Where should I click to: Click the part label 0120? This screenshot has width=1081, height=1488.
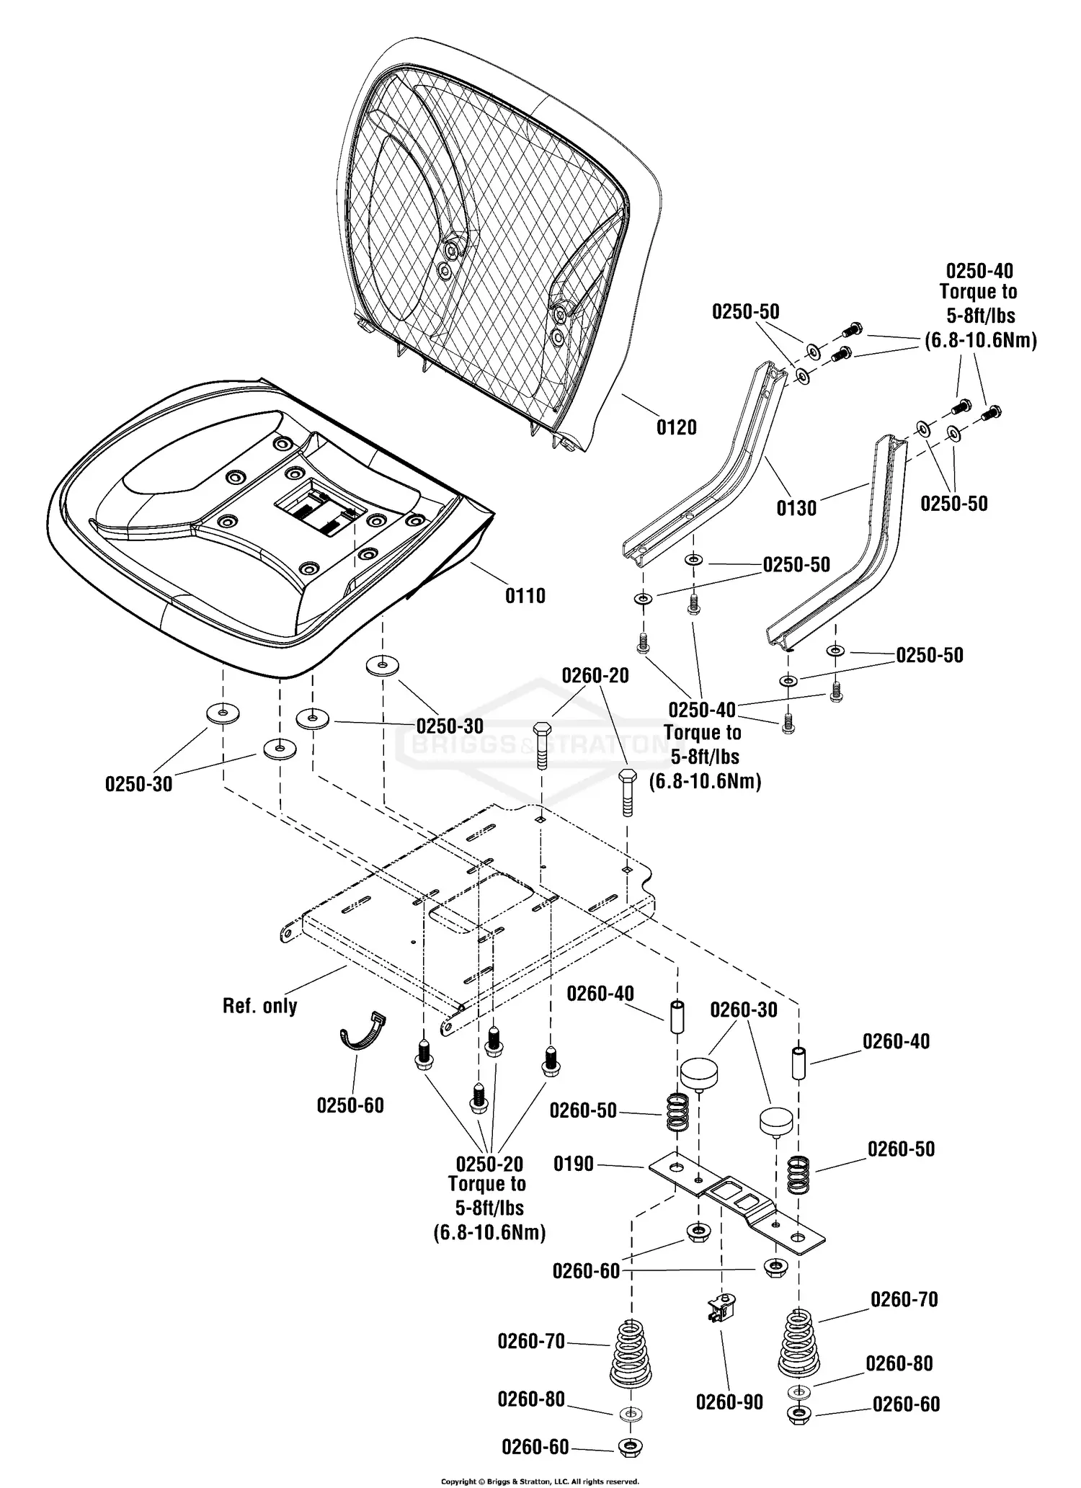pyautogui.click(x=676, y=428)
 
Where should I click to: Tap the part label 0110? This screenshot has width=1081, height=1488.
pyautogui.click(x=525, y=596)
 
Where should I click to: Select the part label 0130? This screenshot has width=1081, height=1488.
pyautogui.click(x=796, y=509)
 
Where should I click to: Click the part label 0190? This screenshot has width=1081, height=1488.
pyautogui.click(x=574, y=1164)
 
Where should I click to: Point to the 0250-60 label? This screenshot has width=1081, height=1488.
pyautogui.click(x=350, y=1105)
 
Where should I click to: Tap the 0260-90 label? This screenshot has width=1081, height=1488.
pyautogui.click(x=729, y=1402)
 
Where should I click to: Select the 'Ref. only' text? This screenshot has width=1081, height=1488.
pyautogui.click(x=259, y=1006)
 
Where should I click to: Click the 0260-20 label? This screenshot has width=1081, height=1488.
pyautogui.click(x=595, y=676)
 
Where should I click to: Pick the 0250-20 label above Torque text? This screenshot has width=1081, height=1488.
pyautogui.click(x=489, y=1164)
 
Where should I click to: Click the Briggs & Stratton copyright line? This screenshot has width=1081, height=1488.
pyautogui.click(x=540, y=1482)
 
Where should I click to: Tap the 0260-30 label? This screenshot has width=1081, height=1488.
pyautogui.click(x=744, y=1010)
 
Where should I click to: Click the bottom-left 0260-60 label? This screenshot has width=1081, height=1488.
pyautogui.click(x=535, y=1447)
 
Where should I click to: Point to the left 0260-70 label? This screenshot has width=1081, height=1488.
pyautogui.click(x=531, y=1341)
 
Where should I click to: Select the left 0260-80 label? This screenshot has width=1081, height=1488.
pyautogui.click(x=531, y=1399)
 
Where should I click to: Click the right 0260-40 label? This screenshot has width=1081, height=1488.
pyautogui.click(x=896, y=1041)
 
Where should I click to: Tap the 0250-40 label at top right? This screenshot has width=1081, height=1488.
pyautogui.click(x=979, y=272)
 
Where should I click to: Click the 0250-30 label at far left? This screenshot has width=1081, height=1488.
pyautogui.click(x=138, y=784)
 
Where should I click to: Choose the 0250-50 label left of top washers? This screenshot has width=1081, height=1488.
pyautogui.click(x=745, y=312)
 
